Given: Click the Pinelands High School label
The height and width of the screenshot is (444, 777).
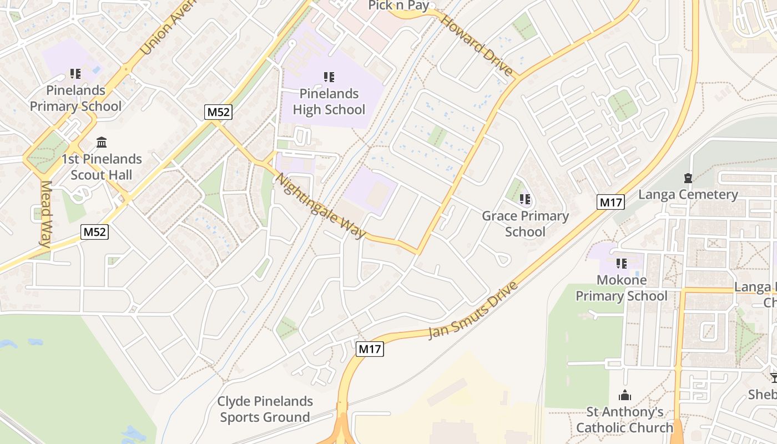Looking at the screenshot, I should pos(329,102).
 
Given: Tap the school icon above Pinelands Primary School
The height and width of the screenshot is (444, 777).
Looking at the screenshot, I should pos(75,74).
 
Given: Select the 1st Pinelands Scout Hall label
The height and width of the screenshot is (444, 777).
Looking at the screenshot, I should pos(101,167).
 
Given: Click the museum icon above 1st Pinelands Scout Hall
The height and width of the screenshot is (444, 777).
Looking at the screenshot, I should pos(102,143).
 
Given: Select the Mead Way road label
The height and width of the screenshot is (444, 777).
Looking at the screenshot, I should pos(46,214).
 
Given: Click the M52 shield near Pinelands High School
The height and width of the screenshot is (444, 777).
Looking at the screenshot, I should pos(218,112).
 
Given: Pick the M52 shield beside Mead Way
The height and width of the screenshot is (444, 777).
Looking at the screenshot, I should pos(94,232).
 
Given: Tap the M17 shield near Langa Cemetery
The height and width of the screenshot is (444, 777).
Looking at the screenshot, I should pos(610,202).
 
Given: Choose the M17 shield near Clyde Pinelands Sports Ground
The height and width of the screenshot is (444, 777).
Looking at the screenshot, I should pos(370,349).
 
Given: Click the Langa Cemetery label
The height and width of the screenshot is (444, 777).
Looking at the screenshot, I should pos(688,195).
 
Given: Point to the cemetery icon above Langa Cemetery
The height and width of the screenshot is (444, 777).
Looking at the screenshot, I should pos(688,178).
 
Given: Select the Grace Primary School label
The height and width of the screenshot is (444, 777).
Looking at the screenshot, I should pos(525,224).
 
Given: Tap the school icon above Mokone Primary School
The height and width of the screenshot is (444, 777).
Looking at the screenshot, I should pos(621,263).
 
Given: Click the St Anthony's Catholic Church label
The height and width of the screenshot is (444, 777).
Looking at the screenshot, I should pos(625,420).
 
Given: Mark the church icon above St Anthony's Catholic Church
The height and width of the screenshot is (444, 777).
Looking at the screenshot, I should pos(625,395).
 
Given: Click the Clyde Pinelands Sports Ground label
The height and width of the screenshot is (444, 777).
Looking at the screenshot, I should pos(265,409).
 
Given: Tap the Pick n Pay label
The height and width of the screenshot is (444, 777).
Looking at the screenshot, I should pos(399,6).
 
